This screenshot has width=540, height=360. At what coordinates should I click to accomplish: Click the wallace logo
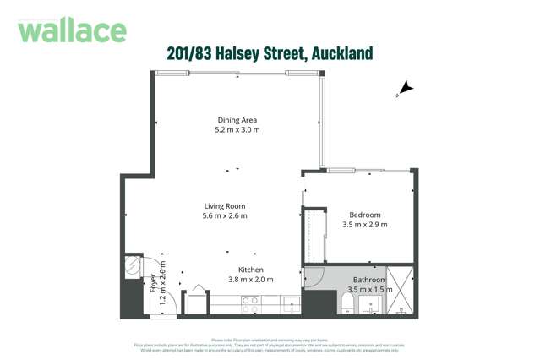[72, 30]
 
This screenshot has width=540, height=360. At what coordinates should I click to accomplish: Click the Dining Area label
[237, 119]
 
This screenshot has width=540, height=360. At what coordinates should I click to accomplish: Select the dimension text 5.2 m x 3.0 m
[237, 130]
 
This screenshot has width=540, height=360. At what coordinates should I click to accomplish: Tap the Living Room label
[225, 205]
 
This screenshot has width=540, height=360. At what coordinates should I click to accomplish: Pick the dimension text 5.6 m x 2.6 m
[225, 216]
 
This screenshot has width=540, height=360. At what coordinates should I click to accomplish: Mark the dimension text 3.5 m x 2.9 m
[365, 225]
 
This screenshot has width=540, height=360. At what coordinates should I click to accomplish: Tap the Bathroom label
[369, 280]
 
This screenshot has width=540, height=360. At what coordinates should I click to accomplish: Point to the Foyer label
[153, 282]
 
